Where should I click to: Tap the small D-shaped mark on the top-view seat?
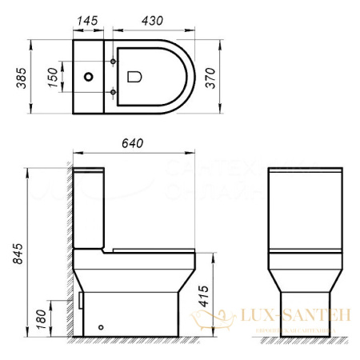click(133, 77)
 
